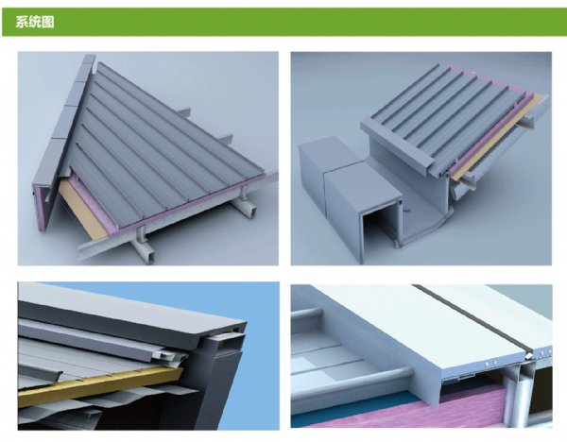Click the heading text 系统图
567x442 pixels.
[35, 22]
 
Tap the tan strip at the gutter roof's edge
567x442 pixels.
[498, 138]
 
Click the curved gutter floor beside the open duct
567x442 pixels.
[423, 228]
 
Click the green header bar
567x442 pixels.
[283, 22]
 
